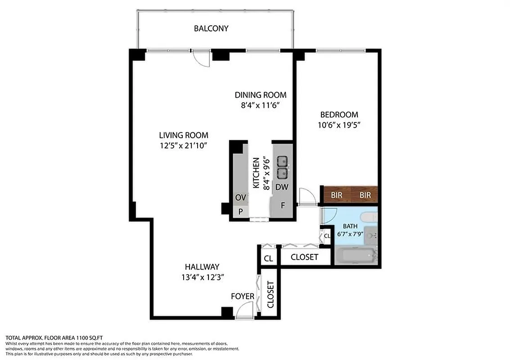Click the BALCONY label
211,28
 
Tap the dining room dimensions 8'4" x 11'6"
260,106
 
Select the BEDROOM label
339,114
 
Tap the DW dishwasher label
282,187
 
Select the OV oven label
240,198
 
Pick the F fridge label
283,205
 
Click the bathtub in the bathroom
356,256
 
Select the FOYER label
243,296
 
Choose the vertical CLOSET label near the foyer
271,294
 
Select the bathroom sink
371,235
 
